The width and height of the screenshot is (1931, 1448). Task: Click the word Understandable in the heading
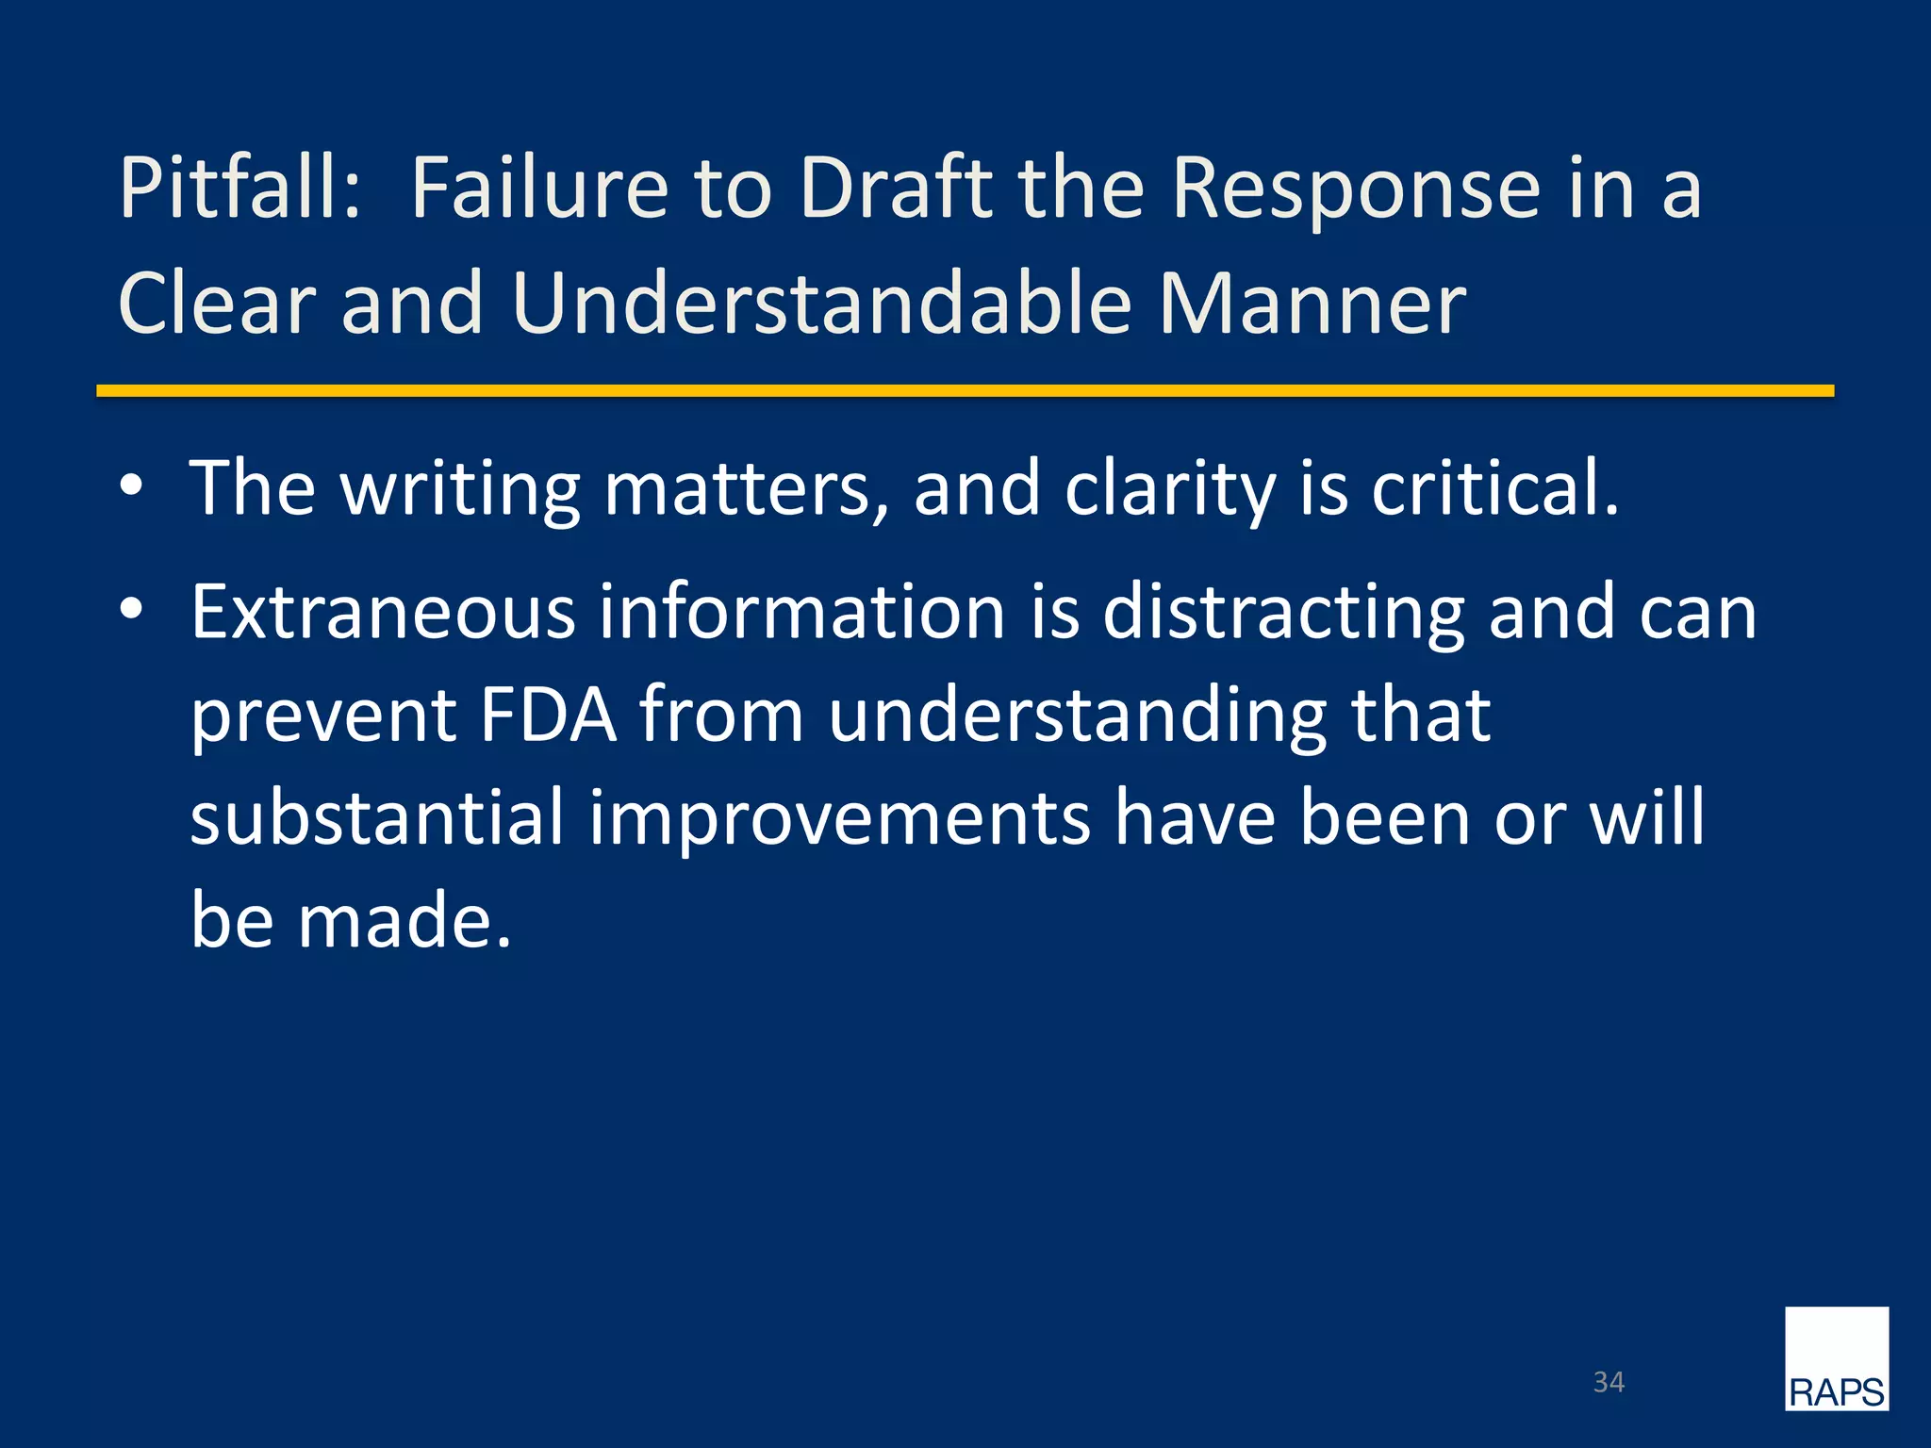821,304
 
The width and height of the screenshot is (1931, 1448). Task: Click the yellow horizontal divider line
965,390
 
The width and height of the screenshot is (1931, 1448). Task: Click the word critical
1494,488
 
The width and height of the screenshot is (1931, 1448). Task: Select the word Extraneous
383,613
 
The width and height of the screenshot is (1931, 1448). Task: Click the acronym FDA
548,715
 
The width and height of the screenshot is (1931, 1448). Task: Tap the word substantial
376,817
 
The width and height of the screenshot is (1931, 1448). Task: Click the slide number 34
1609,1382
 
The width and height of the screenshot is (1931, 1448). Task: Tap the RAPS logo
1836,1358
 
